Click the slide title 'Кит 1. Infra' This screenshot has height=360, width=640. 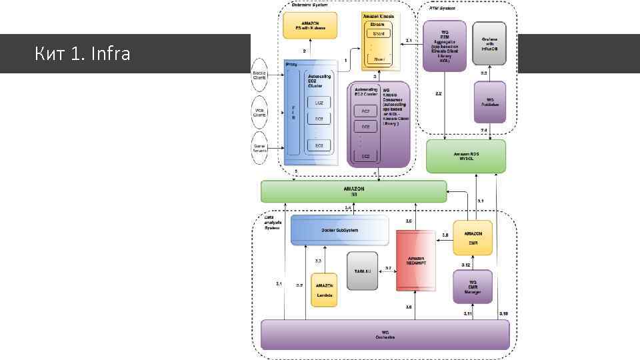click(82, 53)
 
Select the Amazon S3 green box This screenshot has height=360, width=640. click(354, 191)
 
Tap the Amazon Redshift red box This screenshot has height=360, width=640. click(416, 261)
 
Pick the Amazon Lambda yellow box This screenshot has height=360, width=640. click(325, 290)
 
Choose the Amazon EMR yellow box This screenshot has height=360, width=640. click(473, 238)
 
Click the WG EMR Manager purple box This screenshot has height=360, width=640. click(473, 287)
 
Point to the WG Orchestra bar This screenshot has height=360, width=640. click(385, 334)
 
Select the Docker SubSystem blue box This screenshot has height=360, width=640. click(340, 230)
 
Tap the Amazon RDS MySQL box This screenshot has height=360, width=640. click(466, 156)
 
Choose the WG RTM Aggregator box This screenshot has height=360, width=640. click(444, 45)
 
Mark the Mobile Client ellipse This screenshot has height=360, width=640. click(259, 74)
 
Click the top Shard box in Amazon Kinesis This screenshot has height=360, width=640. click(379, 33)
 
